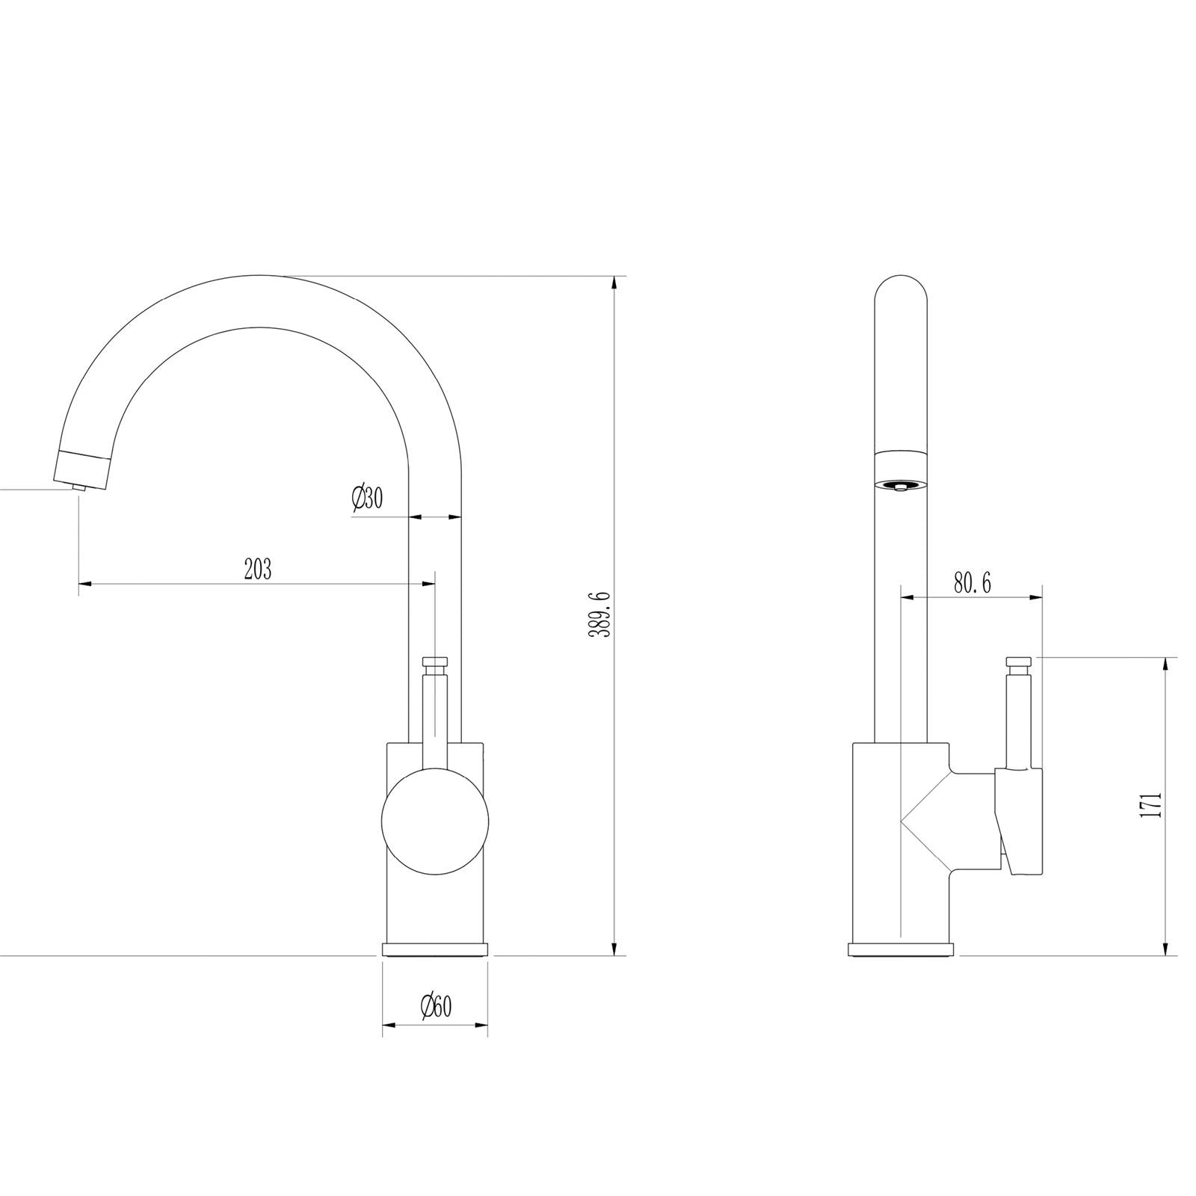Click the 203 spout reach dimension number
(x=258, y=570)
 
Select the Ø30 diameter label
(x=366, y=499)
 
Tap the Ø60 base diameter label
(x=436, y=1007)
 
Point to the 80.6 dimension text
(x=972, y=583)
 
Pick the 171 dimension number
(x=1152, y=805)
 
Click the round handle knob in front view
(x=435, y=821)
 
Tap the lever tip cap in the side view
(x=1020, y=661)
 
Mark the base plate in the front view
(x=435, y=949)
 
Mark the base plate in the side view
(x=901, y=949)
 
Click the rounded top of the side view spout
(x=901, y=292)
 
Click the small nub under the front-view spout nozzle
(x=78, y=487)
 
